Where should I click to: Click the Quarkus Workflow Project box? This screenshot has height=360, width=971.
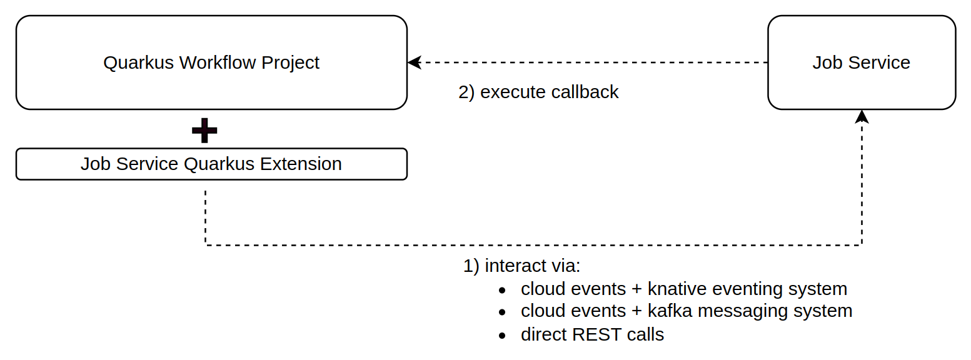211,62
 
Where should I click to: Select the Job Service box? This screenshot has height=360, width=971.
861,62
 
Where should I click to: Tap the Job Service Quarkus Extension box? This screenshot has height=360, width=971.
211,164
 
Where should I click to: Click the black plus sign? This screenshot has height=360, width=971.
204,130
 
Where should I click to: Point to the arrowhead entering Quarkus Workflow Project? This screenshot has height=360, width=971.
414,62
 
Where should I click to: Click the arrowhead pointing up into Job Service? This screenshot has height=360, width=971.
862,116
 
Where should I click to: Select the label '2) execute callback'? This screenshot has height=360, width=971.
538,92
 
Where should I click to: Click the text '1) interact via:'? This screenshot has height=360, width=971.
521,266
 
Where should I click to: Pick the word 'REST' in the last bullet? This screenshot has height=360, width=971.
597,334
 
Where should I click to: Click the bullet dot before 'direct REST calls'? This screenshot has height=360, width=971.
502,336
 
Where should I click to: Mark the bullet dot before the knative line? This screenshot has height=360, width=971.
502,290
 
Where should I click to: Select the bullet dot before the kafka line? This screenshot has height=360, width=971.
502,312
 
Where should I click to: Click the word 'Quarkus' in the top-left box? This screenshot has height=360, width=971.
138,62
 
